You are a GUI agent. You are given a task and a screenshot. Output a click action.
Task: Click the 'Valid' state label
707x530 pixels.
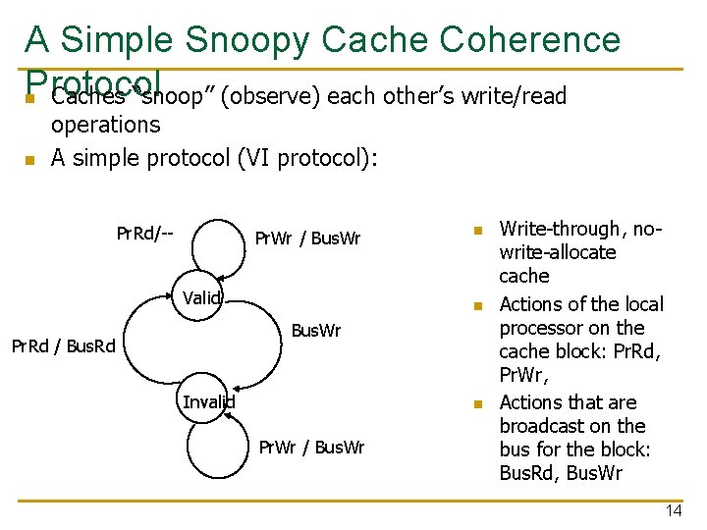(x=201, y=298)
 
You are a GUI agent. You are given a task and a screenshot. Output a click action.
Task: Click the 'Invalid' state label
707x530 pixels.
(x=208, y=400)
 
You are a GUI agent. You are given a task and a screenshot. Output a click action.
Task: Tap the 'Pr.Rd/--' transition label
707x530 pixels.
(x=144, y=234)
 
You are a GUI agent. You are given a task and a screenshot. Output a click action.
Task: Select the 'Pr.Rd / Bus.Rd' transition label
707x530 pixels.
(x=63, y=344)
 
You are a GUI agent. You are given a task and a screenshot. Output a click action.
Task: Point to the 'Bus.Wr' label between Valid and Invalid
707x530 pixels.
(x=316, y=331)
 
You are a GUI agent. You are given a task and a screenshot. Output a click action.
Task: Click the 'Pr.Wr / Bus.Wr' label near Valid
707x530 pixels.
(x=307, y=238)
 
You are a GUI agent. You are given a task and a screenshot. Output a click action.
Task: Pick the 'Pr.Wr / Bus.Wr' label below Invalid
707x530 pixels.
(x=311, y=448)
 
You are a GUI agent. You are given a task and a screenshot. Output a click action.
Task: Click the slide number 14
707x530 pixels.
(x=673, y=511)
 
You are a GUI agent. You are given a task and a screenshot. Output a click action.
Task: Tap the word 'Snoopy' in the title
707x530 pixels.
(x=243, y=40)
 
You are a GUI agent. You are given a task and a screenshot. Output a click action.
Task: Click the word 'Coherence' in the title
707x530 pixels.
(x=530, y=40)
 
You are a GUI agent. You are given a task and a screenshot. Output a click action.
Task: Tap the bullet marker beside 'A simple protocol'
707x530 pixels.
(x=30, y=159)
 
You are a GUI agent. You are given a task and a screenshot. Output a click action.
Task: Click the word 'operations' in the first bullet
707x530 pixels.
(x=105, y=125)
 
